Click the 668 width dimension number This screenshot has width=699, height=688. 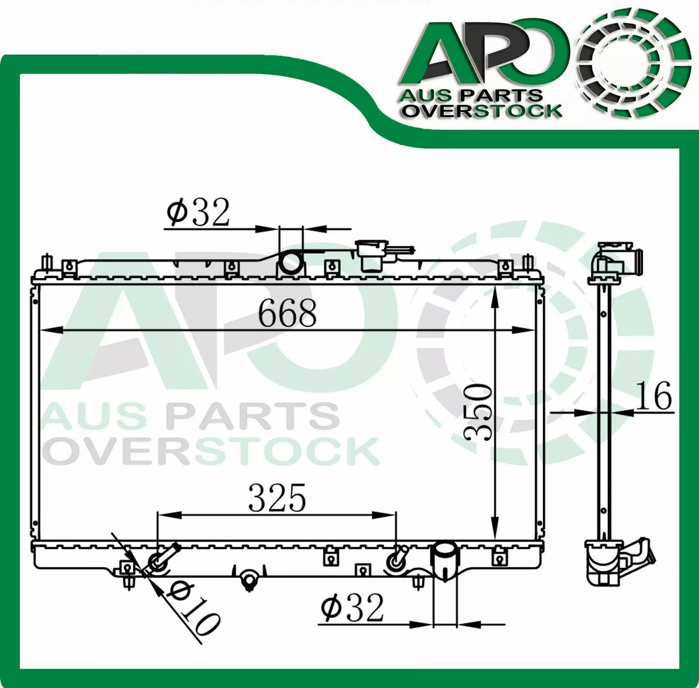287,313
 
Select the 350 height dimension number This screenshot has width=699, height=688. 479,412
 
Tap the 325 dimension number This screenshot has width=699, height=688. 277,498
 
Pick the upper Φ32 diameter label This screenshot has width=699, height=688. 198,212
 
